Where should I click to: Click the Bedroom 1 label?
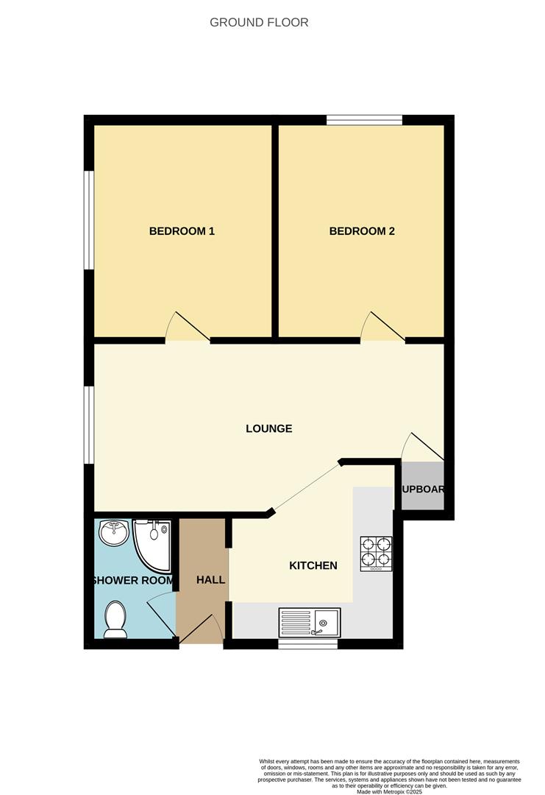182,231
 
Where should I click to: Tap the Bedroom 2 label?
362,231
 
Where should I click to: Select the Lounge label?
268,428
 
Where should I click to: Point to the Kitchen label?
313,565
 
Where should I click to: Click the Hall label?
210,580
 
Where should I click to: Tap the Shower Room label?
133,580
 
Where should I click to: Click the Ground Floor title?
259,22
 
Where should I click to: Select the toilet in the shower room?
115,619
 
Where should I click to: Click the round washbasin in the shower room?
113,534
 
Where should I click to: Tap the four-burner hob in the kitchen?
375,554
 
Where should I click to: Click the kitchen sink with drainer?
309,623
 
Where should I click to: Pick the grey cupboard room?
423,486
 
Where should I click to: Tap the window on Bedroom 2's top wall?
364,120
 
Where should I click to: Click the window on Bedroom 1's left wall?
88,220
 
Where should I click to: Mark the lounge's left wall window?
88,425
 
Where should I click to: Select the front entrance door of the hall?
202,631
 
